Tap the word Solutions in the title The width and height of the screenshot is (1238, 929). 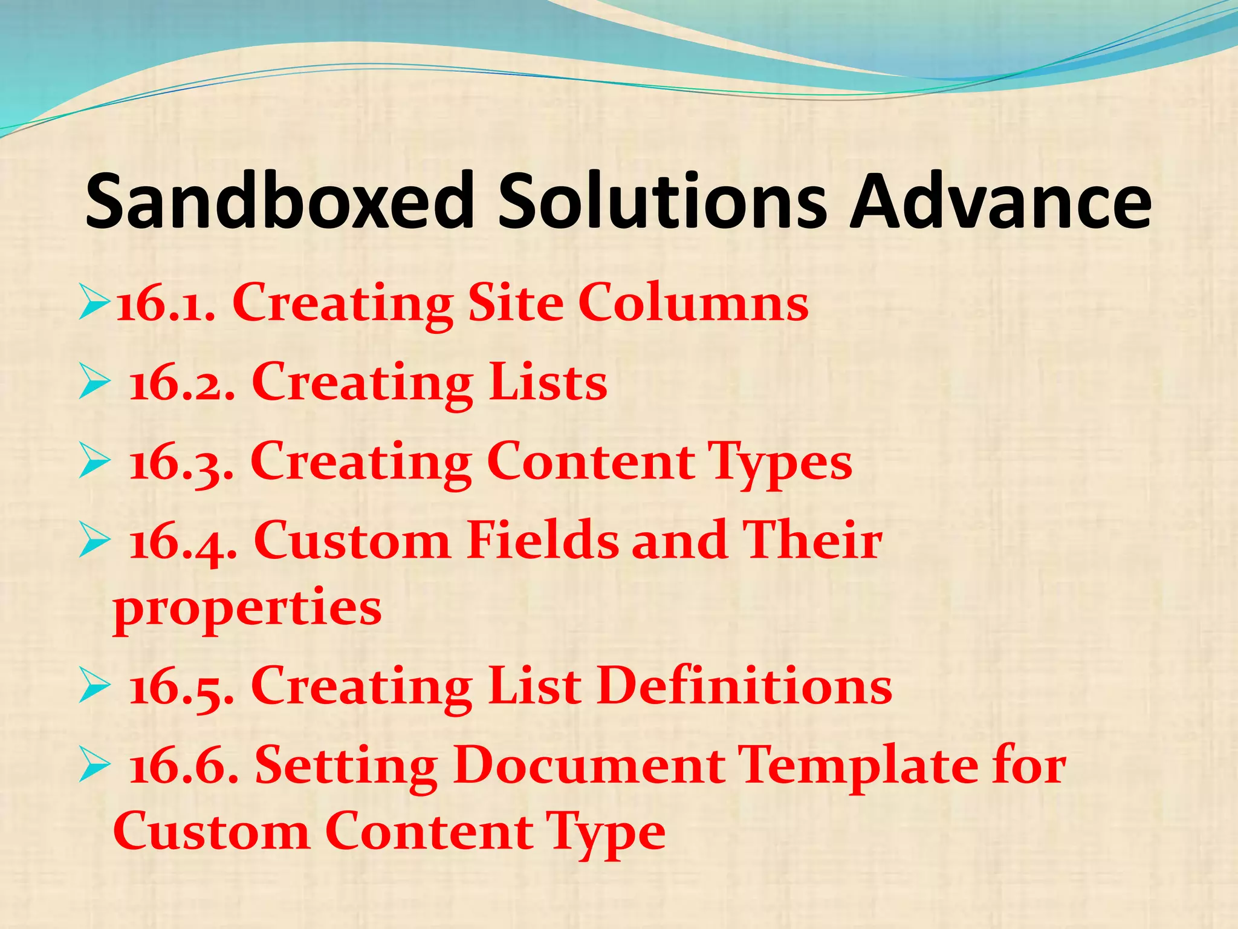[662, 201]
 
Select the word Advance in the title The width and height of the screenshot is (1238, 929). [1000, 201]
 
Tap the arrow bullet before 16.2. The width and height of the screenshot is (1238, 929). [94, 383]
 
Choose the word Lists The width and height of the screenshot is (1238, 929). [548, 382]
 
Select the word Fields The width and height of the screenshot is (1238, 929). [542, 540]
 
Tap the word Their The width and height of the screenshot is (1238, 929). [812, 540]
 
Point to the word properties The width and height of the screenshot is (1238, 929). [247, 608]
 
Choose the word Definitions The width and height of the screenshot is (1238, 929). [745, 686]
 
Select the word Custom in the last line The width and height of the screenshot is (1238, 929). [211, 832]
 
